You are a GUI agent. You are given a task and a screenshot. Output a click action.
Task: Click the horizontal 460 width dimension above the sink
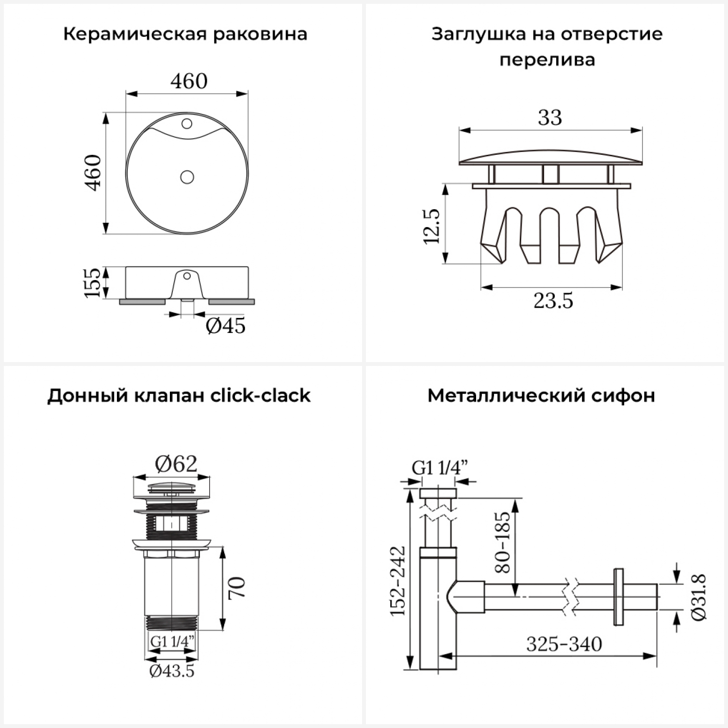[x=189, y=81]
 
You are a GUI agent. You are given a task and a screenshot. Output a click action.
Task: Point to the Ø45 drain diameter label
[x=226, y=326]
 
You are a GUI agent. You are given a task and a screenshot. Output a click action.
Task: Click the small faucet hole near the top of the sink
[x=187, y=123]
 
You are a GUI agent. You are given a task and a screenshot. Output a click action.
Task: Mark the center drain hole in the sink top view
[x=187, y=177]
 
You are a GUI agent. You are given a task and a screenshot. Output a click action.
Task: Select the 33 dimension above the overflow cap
[x=550, y=117]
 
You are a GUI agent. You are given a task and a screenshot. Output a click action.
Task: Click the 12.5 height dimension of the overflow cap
[x=431, y=226]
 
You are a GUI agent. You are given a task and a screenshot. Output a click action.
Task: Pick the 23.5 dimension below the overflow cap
[x=553, y=301]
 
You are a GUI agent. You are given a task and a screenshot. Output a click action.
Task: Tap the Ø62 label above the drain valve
[x=176, y=464]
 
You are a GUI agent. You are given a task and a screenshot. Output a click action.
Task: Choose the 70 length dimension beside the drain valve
[x=237, y=588]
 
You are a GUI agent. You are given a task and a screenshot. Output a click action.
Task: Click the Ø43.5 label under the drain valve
[x=172, y=671]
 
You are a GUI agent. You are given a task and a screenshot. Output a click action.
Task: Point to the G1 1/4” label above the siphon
[x=440, y=467]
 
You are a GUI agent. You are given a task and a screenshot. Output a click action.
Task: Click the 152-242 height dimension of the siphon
[x=398, y=581]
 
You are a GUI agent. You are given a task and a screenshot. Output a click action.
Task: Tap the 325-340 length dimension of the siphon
[x=564, y=644]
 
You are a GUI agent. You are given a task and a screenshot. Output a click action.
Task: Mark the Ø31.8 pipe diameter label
[x=699, y=596]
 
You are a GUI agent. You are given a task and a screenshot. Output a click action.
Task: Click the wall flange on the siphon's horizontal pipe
[x=618, y=596]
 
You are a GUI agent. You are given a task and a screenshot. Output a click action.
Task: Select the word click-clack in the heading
[x=260, y=396]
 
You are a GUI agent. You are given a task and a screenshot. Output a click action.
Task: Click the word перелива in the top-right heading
[x=547, y=60]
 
